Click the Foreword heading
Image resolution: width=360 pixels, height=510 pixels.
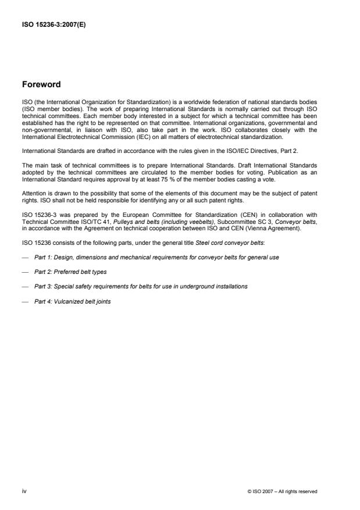point(41,84)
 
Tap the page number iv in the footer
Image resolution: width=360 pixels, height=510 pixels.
point(24,492)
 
